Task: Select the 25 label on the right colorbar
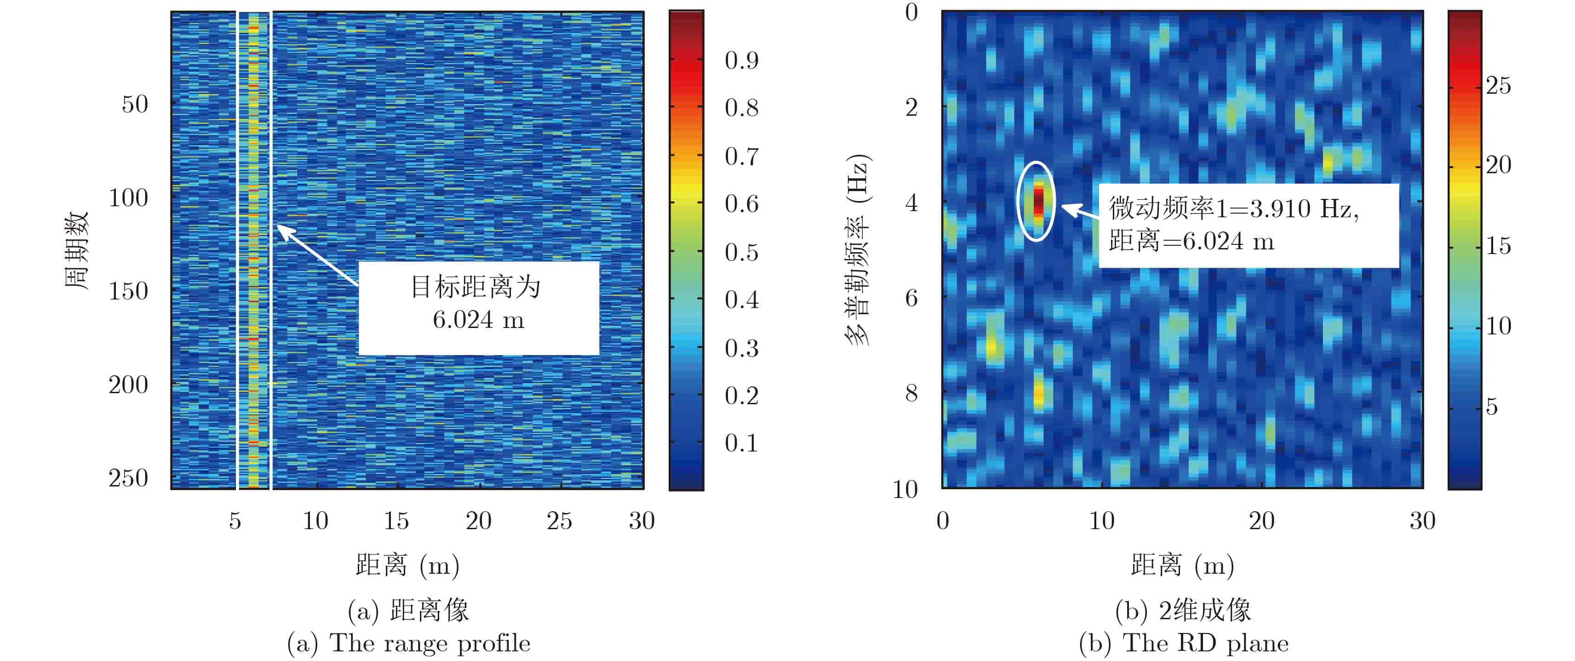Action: (1499, 85)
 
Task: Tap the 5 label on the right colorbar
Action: (1492, 407)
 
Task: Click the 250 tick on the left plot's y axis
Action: (128, 478)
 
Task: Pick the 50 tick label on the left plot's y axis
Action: (135, 104)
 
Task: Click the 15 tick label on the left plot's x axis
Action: (396, 520)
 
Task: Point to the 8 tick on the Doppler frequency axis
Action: (911, 393)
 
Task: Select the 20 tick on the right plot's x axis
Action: (1261, 520)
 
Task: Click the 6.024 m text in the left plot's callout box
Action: (478, 320)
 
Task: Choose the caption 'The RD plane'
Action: (1206, 643)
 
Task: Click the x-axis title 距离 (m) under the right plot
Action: (1182, 565)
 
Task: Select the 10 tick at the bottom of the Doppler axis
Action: (905, 489)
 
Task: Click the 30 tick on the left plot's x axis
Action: (641, 520)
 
